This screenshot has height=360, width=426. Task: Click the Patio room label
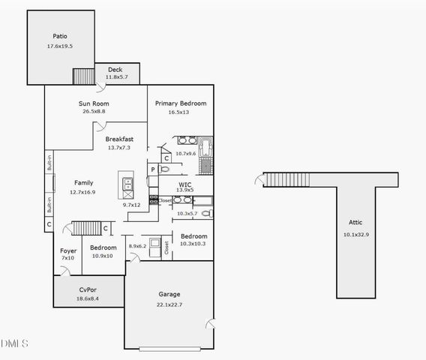pyautogui.click(x=60, y=36)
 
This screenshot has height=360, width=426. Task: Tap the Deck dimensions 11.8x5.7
pyautogui.click(x=116, y=76)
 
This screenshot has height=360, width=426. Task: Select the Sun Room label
pyautogui.click(x=94, y=103)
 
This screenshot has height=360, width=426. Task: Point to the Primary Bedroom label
pyautogui.click(x=181, y=103)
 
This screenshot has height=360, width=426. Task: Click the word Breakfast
pyautogui.click(x=119, y=139)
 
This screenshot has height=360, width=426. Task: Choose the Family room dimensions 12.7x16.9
pyautogui.click(x=83, y=192)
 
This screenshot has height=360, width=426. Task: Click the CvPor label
pyautogui.click(x=88, y=289)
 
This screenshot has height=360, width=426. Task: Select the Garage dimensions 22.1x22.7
pyautogui.click(x=169, y=304)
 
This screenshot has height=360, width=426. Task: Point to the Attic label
pyautogui.click(x=355, y=222)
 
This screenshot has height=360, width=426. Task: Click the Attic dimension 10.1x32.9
pyautogui.click(x=355, y=234)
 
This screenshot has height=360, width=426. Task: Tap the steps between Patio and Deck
pyautogui.click(x=83, y=77)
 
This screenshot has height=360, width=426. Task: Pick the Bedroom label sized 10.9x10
pyautogui.click(x=103, y=247)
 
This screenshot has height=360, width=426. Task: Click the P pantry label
pyautogui.click(x=152, y=170)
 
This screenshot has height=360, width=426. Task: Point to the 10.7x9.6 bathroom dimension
pyautogui.click(x=185, y=154)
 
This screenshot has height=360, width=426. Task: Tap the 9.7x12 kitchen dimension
pyautogui.click(x=132, y=205)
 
